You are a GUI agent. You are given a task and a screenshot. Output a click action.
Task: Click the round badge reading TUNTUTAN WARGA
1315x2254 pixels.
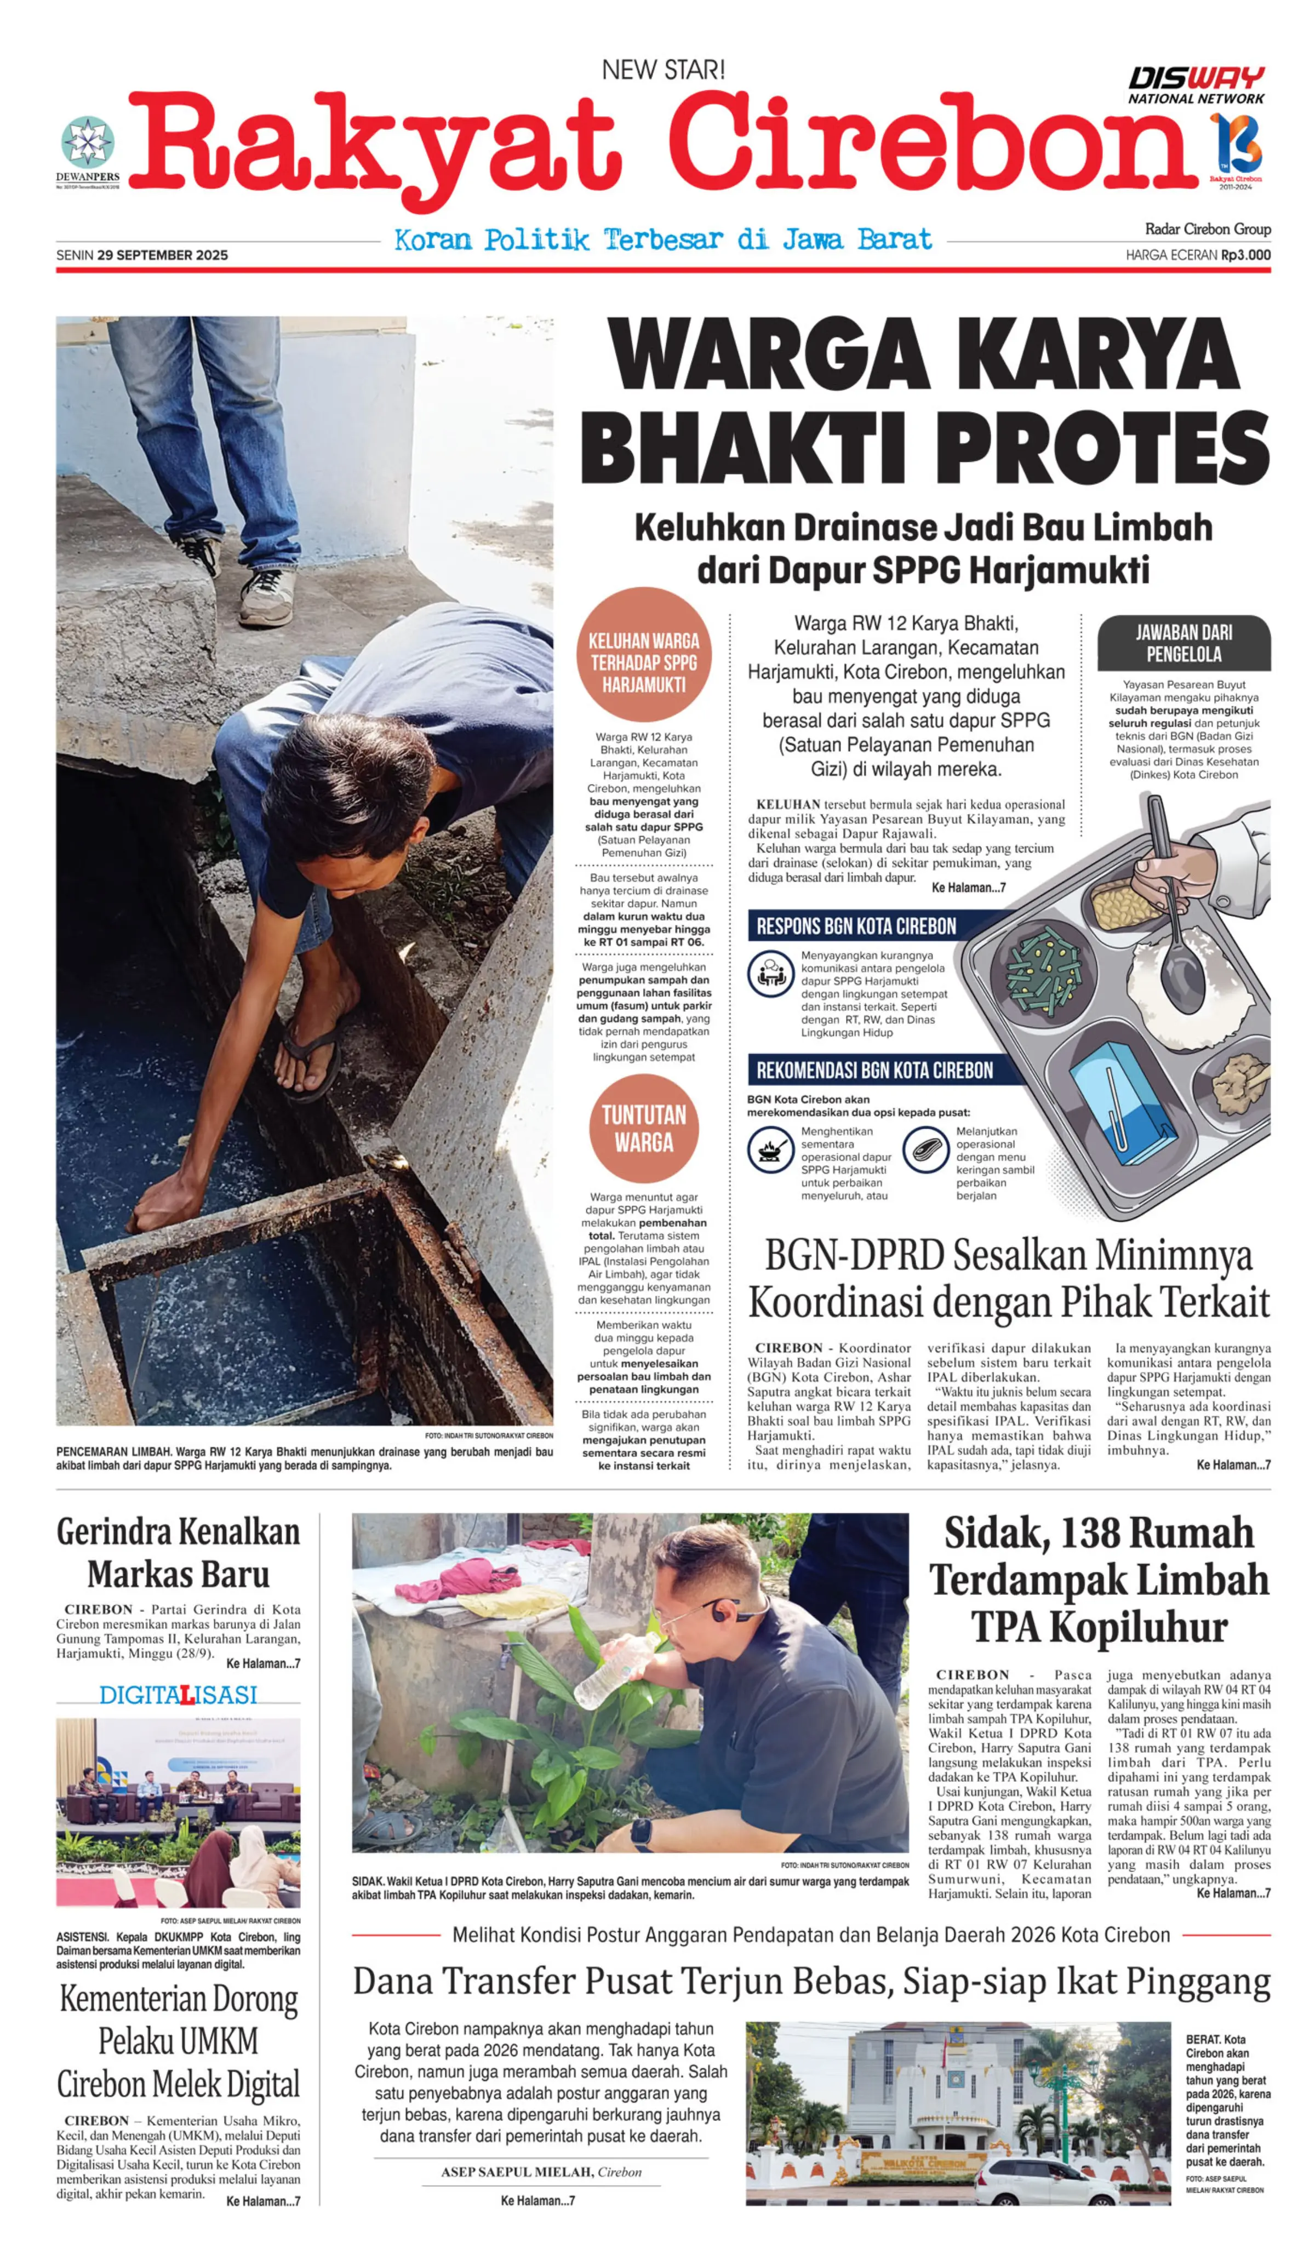click(643, 1128)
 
